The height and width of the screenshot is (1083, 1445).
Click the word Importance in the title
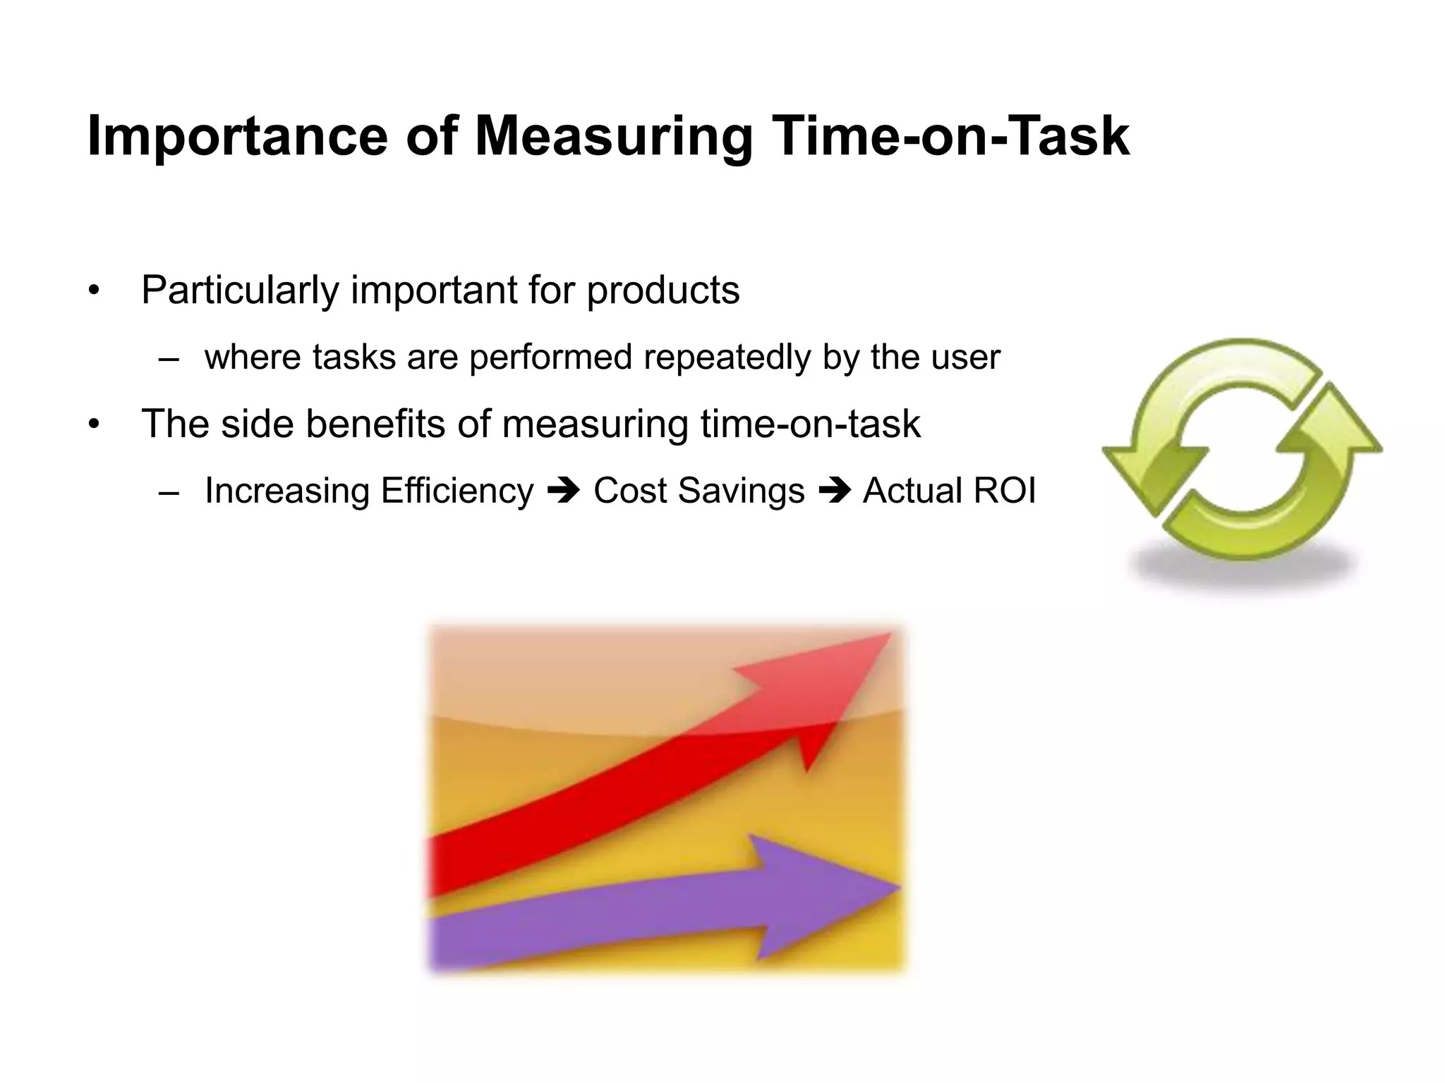pos(236,136)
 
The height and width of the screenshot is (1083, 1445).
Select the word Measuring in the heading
pos(614,136)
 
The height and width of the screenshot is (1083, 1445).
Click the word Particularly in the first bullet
pos(240,290)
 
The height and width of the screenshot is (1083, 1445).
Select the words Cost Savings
pos(699,491)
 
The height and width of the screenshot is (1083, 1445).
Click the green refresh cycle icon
pos(1242,451)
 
